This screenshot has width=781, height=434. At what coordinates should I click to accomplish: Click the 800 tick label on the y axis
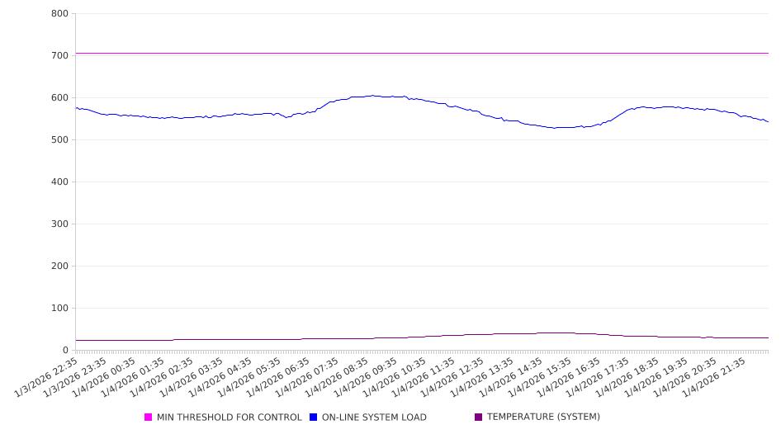click(59, 13)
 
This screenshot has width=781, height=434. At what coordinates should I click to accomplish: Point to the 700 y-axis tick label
click(59, 55)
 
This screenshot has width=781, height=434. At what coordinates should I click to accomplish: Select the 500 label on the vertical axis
click(59, 139)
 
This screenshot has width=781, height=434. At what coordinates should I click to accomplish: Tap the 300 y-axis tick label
click(59, 224)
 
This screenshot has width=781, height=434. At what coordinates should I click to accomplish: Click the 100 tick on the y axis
click(59, 308)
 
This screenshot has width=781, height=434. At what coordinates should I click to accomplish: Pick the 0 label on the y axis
click(64, 350)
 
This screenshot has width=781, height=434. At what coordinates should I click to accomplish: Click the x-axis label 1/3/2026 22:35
click(48, 376)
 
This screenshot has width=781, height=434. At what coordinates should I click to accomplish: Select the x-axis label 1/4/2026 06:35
click(279, 376)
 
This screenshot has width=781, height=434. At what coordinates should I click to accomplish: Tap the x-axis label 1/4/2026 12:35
click(452, 376)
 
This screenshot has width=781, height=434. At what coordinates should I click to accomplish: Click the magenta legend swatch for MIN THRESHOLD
click(149, 417)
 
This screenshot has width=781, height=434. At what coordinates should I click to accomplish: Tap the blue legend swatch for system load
click(314, 417)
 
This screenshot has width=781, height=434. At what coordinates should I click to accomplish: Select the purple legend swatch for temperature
click(479, 417)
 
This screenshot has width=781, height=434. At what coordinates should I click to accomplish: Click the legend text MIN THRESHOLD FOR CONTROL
click(230, 417)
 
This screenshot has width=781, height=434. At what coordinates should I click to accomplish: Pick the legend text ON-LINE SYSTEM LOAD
click(374, 417)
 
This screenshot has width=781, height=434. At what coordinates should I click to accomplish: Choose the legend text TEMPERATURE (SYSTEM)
click(543, 417)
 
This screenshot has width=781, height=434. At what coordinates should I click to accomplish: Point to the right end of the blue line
click(768, 122)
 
